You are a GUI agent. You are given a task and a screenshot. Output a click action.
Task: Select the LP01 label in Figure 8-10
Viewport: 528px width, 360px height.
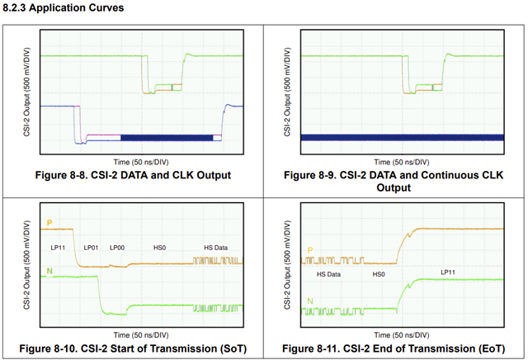[91, 247]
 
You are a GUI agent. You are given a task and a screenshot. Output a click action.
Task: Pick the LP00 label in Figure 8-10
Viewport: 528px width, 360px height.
[116, 247]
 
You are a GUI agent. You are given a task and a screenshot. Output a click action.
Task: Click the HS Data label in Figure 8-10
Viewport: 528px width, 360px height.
[218, 247]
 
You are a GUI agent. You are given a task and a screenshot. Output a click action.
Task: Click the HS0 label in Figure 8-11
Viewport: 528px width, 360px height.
[379, 273]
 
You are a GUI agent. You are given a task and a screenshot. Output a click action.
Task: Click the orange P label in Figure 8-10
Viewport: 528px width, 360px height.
[49, 223]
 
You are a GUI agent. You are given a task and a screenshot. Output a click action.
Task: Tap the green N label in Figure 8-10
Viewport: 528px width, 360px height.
[49, 272]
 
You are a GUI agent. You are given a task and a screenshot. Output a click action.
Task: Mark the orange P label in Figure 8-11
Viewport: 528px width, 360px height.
[310, 249]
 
